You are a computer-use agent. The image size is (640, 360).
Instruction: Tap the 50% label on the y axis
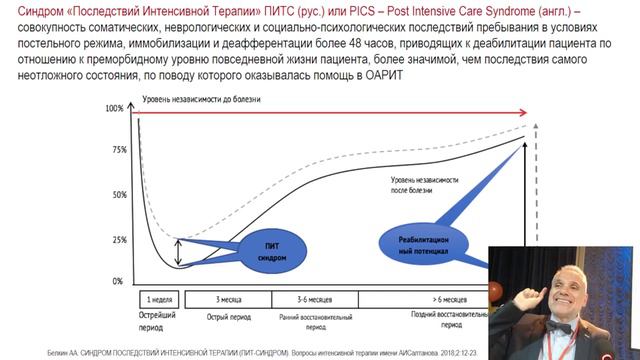pos(120,194)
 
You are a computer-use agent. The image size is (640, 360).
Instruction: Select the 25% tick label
pos(120,240)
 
